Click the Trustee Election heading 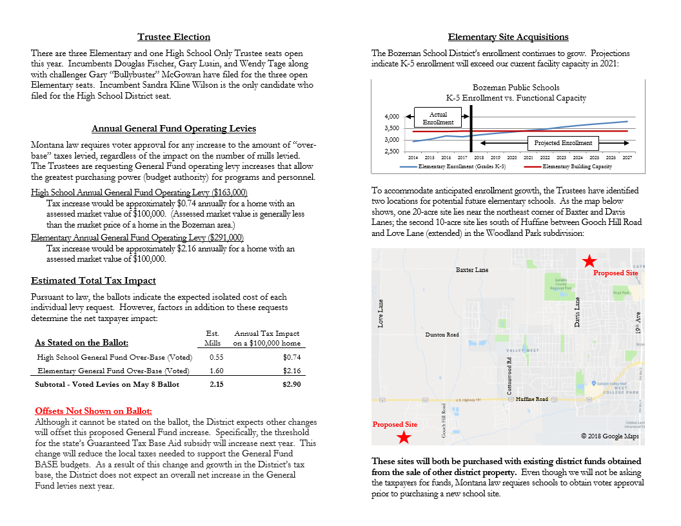(x=173, y=37)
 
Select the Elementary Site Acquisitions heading (x=508, y=37)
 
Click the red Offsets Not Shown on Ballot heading (x=94, y=411)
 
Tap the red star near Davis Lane (x=589, y=260)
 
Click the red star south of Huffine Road (x=404, y=438)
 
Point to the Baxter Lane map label (x=472, y=270)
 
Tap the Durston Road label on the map (x=442, y=335)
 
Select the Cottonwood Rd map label (x=509, y=376)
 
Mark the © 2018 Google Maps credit (x=609, y=436)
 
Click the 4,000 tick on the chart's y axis (x=391, y=117)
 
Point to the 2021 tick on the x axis (x=528, y=157)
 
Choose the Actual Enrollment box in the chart (x=438, y=118)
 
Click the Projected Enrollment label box (x=563, y=142)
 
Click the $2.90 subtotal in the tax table (x=291, y=384)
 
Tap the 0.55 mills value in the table (x=216, y=357)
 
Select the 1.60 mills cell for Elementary (x=216, y=371)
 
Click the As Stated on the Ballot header (x=81, y=343)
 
